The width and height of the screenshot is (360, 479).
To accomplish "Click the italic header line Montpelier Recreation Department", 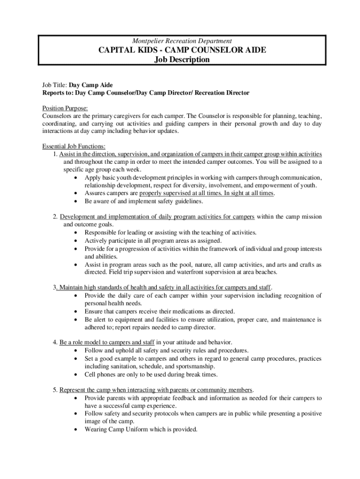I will (181, 41).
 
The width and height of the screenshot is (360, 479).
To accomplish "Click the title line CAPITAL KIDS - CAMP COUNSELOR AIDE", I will (182, 50).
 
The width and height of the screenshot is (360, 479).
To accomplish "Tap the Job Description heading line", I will (182, 60).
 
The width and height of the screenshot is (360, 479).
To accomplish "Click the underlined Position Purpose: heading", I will (65, 108).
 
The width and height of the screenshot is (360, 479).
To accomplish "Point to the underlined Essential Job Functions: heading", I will (74, 146).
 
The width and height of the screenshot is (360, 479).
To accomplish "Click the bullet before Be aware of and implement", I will (76, 202).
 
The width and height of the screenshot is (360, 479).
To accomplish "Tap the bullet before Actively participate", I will (76, 240).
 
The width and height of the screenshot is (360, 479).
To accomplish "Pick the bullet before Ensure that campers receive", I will (76, 312).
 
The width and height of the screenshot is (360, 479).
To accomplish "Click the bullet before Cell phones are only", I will (76, 375).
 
